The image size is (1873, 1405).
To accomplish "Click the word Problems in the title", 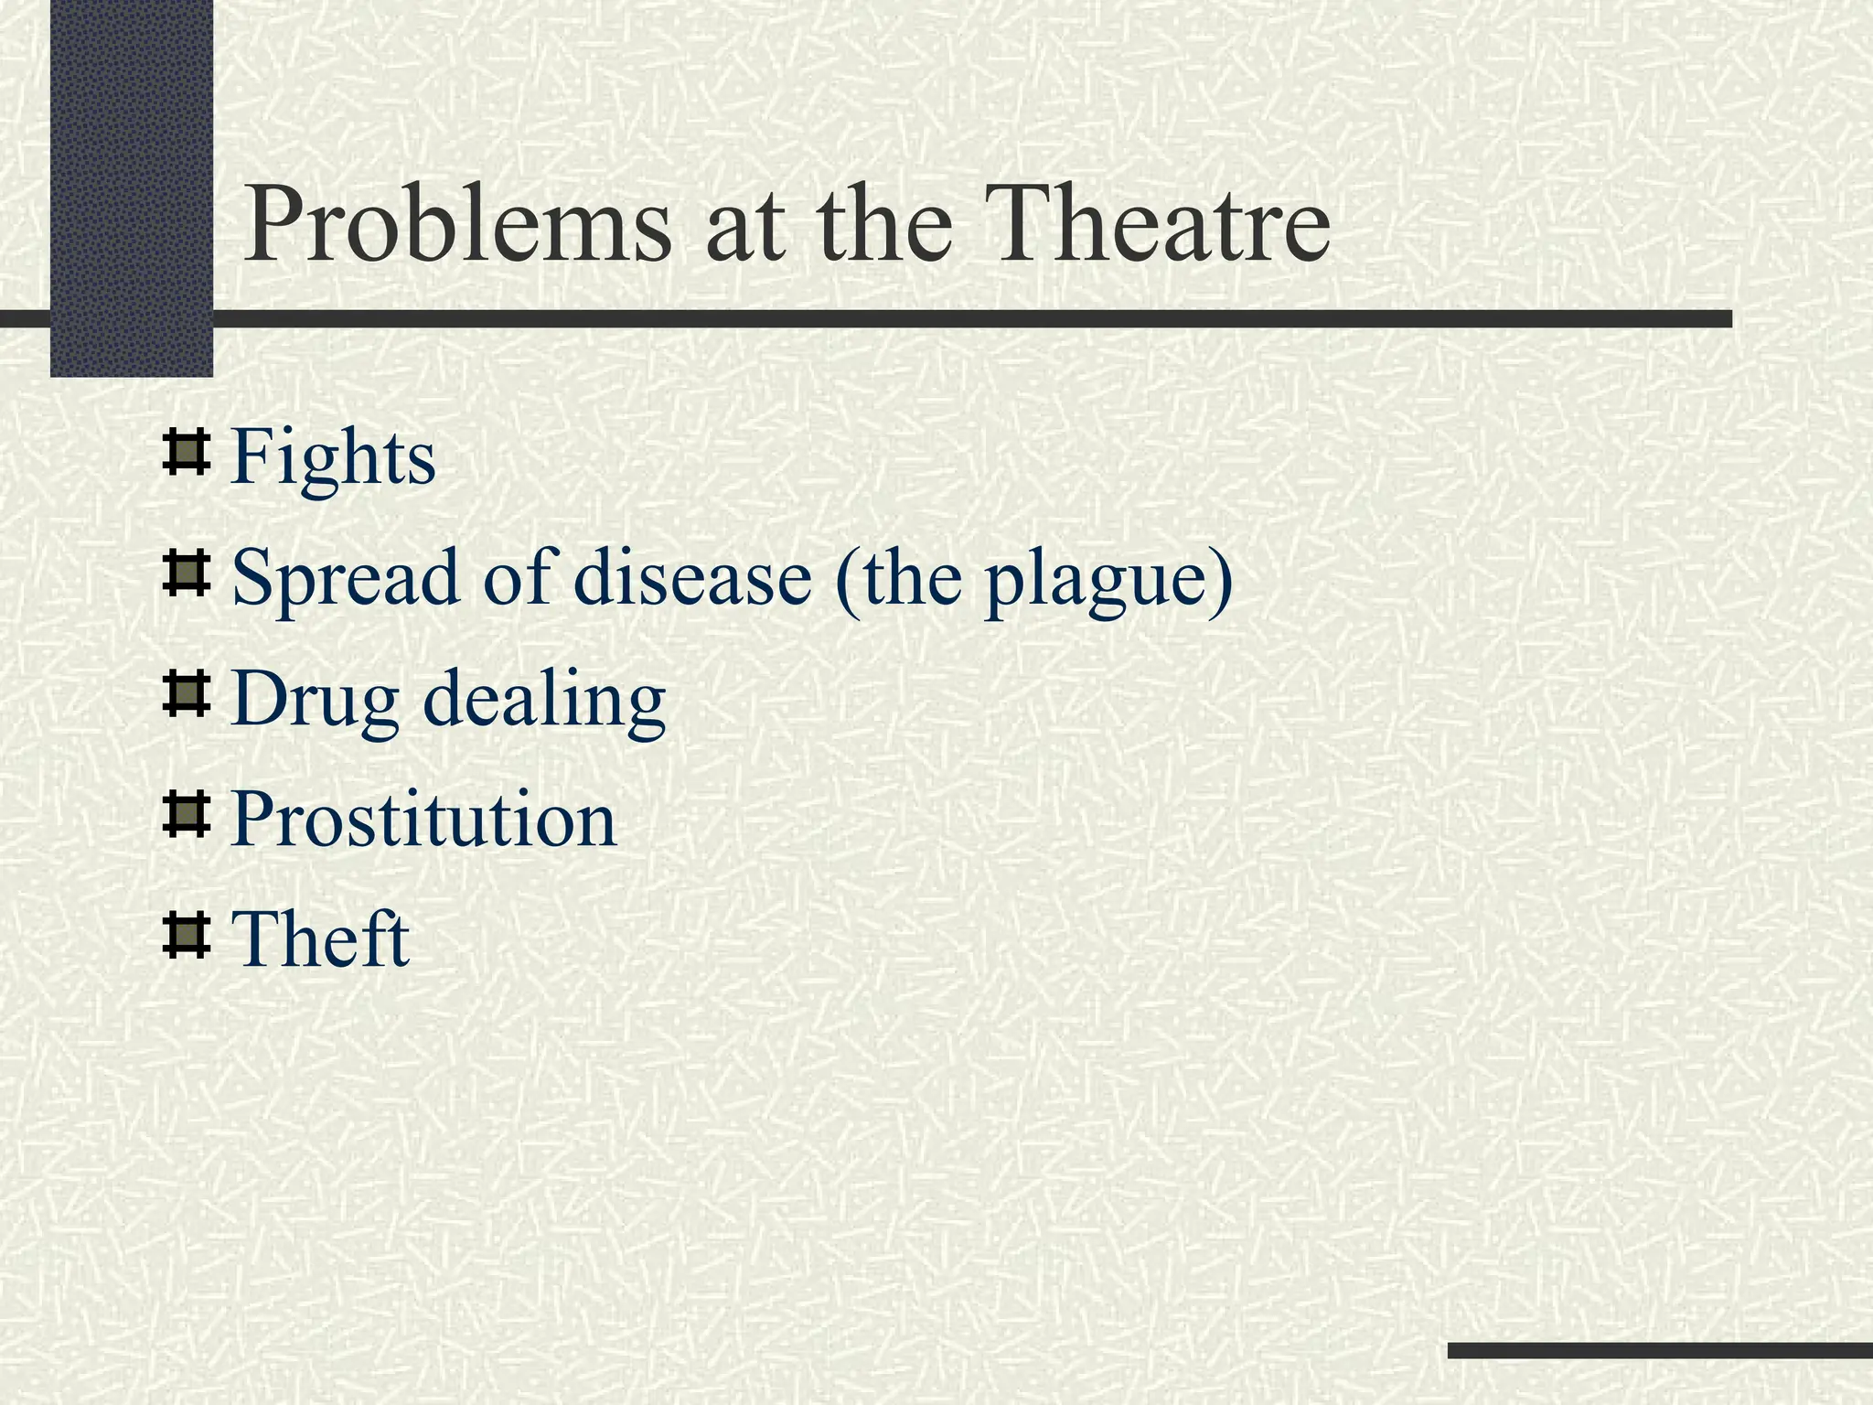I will pyautogui.click(x=457, y=225).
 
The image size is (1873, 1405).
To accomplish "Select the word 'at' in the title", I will pyautogui.click(x=744, y=229).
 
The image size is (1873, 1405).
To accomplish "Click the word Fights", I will pyautogui.click(x=333, y=457).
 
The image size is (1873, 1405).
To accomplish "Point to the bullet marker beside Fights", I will pyautogui.click(x=186, y=453).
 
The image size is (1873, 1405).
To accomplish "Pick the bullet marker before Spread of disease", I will pyautogui.click(x=186, y=574).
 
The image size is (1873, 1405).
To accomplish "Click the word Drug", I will pyautogui.click(x=315, y=701).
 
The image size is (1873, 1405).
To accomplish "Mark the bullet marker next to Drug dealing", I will pyautogui.click(x=186, y=694).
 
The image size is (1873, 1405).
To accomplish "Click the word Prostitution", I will pyautogui.click(x=423, y=819).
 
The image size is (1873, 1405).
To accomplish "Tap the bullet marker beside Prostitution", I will pyautogui.click(x=186, y=815).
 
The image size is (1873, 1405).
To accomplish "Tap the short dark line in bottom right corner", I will pyautogui.click(x=1659, y=1350).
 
